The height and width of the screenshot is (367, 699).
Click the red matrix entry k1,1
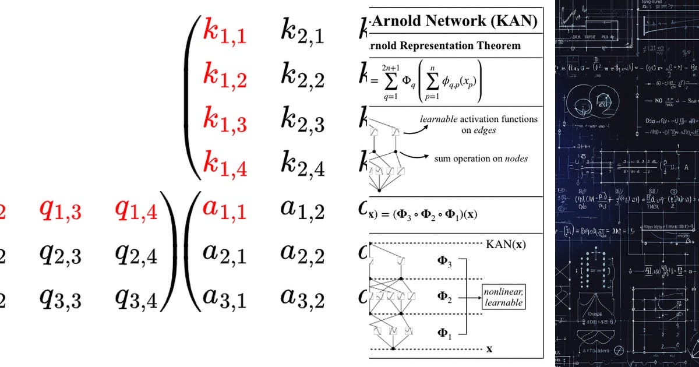224,32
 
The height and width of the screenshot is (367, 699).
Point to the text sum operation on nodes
481,158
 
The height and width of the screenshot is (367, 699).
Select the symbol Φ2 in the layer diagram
444,297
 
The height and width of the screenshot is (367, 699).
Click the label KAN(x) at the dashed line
505,245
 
